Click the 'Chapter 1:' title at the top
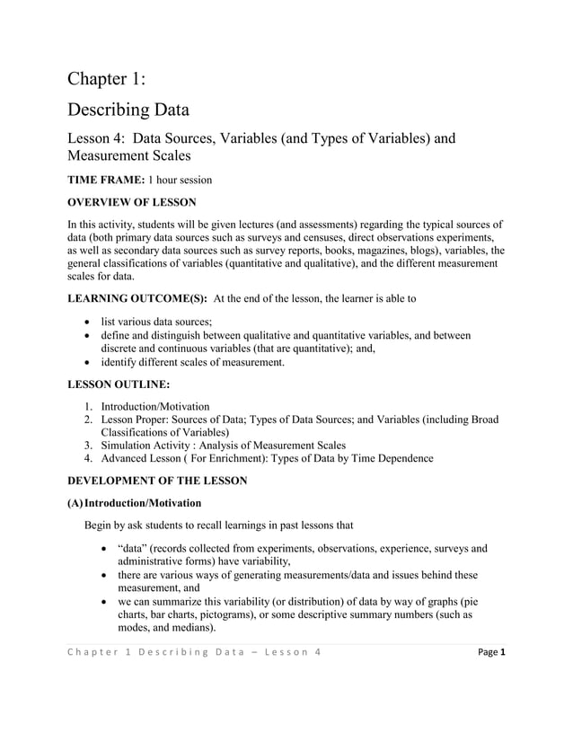[x=106, y=79]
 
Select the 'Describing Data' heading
[x=128, y=110]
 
